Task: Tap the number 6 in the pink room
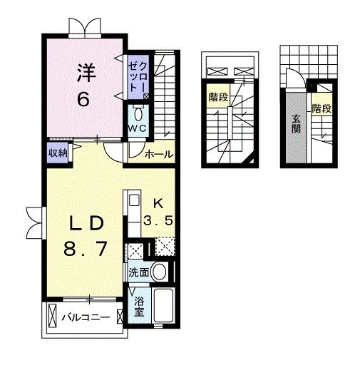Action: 83,100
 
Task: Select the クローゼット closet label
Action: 139,77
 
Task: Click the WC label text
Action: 138,128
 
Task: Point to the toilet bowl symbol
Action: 138,113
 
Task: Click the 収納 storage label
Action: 58,153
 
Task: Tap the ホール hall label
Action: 159,155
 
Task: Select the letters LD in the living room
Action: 86,223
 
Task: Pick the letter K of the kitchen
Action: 158,203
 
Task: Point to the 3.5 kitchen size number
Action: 158,220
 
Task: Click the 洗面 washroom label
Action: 139,272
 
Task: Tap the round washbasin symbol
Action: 159,272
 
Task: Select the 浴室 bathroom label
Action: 139,307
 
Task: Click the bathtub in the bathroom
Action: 163,306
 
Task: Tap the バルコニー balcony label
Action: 86,317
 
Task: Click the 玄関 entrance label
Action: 296,124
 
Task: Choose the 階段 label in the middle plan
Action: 218,97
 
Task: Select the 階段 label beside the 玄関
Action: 322,108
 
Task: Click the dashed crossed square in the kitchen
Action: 165,247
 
